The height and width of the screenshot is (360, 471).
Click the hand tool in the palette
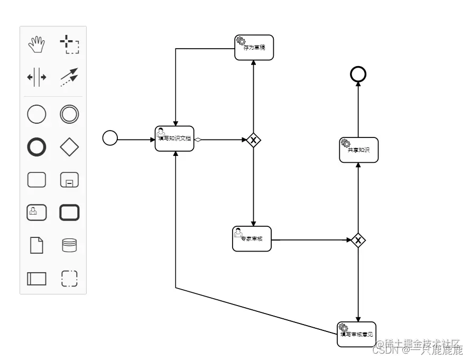tap(36, 44)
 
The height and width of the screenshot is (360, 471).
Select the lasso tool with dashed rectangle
tap(69, 44)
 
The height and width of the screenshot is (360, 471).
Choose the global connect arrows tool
tap(69, 77)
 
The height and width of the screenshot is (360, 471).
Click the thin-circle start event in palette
tap(36, 114)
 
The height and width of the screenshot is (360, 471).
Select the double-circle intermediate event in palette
tap(69, 114)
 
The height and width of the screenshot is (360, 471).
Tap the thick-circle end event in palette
tap(36, 147)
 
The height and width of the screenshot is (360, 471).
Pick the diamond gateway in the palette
tap(69, 147)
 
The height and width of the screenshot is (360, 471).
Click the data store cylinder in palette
tap(69, 245)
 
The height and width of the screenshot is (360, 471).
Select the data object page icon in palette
tap(36, 245)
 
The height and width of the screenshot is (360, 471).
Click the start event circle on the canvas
tap(110, 138)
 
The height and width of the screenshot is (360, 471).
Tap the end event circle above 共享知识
tap(358, 75)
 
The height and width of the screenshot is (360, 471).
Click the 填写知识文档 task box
tap(174, 139)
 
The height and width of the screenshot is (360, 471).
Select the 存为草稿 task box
tap(254, 48)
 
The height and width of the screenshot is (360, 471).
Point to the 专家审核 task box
tap(252, 239)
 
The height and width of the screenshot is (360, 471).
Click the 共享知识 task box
tap(358, 150)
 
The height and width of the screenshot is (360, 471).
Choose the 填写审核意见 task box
tap(356, 334)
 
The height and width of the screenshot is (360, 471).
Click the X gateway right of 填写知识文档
tap(254, 140)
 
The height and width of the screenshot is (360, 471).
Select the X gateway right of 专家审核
tap(358, 241)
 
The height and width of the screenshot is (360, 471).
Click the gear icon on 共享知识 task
tap(346, 143)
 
